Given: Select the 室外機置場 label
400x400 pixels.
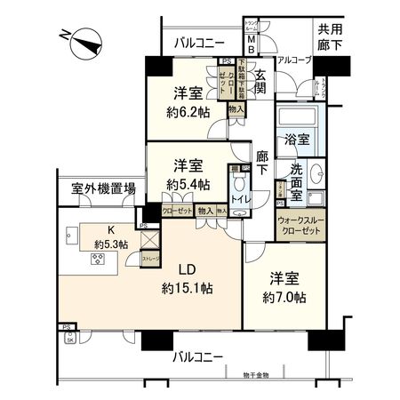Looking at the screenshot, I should point(104,188).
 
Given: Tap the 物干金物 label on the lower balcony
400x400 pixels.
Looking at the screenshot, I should point(280,374).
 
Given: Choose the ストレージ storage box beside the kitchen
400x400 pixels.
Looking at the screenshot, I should point(151,258).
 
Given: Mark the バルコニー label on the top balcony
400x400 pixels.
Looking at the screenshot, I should point(198,42).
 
